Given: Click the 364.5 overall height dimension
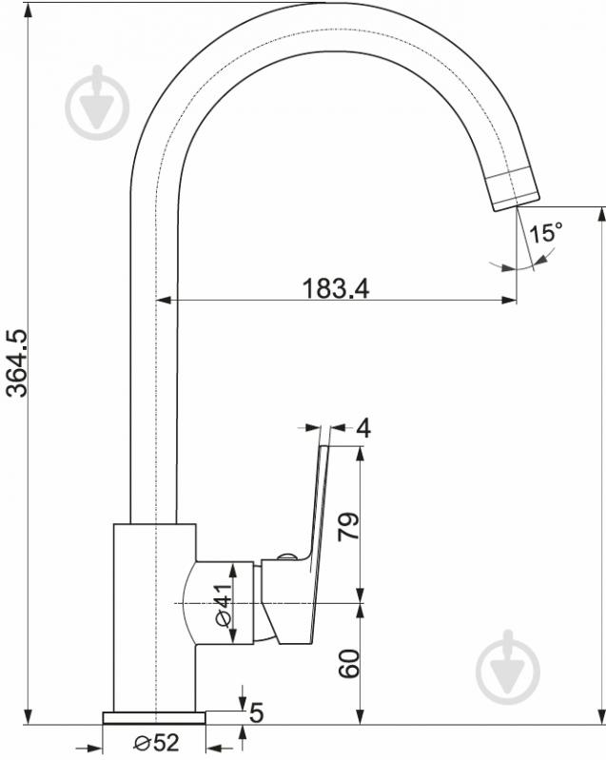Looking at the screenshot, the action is pos(17,363).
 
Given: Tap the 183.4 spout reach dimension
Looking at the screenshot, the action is pos(336,288).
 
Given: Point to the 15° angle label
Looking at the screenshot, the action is pos(545,233).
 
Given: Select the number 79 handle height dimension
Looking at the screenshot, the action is pos(349,525).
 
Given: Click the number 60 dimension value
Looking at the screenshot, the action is pos(349,664).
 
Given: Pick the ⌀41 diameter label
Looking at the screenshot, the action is pos(224,605).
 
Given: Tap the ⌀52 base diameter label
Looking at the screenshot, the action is pos(157,742).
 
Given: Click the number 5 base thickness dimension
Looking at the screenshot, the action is pos(256,712).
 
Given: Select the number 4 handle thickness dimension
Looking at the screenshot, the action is pos(363,428).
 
